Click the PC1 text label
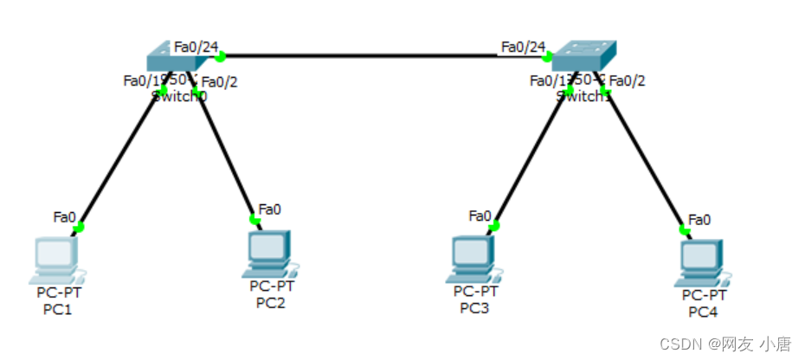pyautogui.click(x=57, y=310)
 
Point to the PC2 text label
pyautogui.click(x=270, y=302)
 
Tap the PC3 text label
pyautogui.click(x=474, y=307)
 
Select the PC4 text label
pyautogui.click(x=703, y=312)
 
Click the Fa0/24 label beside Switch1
pyautogui.click(x=523, y=46)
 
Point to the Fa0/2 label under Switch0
pyautogui.click(x=219, y=82)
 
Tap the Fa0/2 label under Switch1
pyautogui.click(x=628, y=80)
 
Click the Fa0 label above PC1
pyautogui.click(x=65, y=215)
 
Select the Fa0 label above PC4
pyautogui.click(x=699, y=220)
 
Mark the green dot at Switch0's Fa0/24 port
pyautogui.click(x=220, y=57)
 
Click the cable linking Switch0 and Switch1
pyautogui.click(x=381, y=57)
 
